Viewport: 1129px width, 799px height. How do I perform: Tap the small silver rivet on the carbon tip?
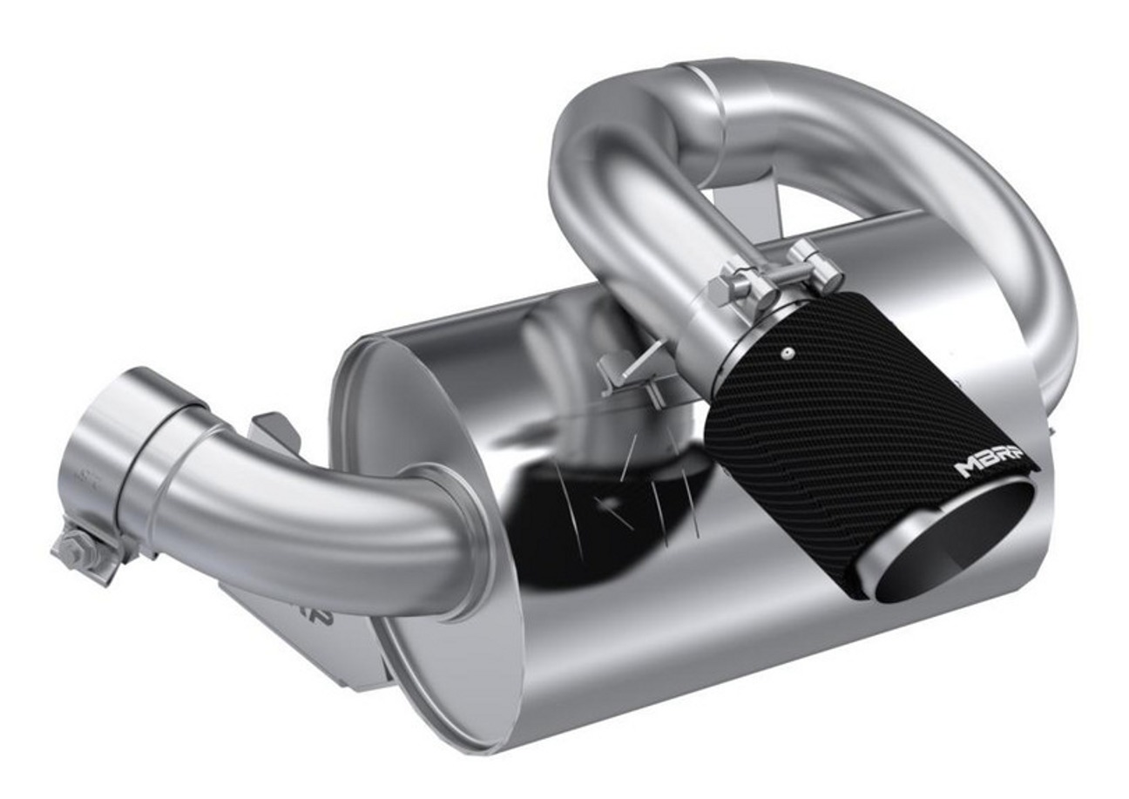787,354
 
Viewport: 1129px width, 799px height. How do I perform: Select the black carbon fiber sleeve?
836,418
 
